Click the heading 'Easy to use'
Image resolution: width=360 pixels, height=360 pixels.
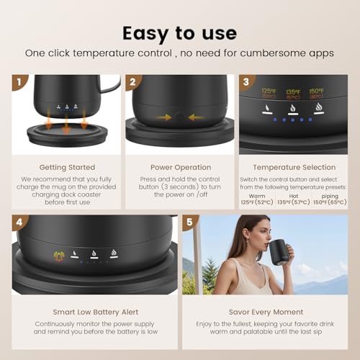179,32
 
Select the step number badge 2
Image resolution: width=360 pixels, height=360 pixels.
131,81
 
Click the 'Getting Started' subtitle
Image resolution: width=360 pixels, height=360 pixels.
63,166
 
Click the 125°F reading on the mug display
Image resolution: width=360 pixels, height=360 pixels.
269,91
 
